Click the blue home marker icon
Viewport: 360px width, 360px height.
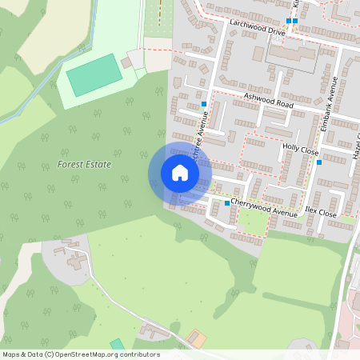(179, 173)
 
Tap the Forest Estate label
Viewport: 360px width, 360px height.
(84, 164)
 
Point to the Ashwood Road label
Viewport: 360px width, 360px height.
(270, 100)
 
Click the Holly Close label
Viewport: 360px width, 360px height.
(300, 150)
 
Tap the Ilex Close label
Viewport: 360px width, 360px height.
(321, 212)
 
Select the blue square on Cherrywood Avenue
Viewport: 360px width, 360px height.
(227, 203)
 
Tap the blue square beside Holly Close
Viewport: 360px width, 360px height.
(319, 162)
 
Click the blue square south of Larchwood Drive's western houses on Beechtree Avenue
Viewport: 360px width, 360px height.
(205, 104)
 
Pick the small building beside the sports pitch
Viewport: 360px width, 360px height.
(127, 62)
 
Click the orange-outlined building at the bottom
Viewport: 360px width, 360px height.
(196, 339)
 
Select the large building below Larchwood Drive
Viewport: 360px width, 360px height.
(291, 54)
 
